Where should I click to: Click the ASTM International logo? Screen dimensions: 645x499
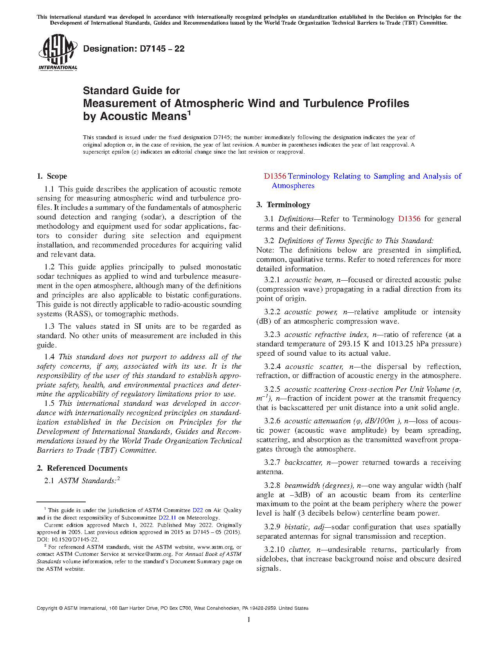coord(58,52)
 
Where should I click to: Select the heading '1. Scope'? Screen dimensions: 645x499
coord(52,176)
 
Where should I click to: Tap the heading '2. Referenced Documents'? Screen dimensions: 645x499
coord(82,468)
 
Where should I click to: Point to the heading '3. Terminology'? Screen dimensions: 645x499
coord(283,205)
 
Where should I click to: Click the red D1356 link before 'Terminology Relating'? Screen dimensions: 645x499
coord(275,176)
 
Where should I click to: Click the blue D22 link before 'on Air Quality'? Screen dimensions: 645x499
coord(198,510)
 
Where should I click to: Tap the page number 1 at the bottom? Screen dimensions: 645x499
coord(249,620)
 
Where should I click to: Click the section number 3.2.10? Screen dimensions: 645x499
coord(274,550)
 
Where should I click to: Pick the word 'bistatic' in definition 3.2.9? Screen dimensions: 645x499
coord(297,527)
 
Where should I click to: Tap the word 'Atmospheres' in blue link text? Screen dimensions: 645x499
coord(293,186)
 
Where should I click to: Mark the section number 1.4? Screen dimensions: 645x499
coord(49,357)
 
